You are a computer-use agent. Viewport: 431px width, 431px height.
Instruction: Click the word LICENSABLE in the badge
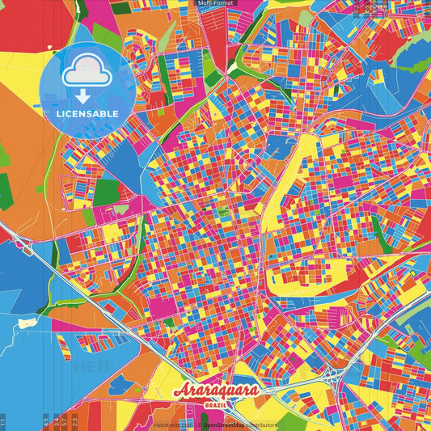[x=87, y=112]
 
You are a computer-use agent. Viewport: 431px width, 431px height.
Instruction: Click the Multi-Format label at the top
[x=215, y=3]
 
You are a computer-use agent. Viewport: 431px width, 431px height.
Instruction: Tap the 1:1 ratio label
[x=3, y=421]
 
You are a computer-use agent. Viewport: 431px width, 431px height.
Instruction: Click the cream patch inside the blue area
[x=27, y=322]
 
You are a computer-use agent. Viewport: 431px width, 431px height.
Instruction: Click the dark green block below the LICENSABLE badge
[x=105, y=192]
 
